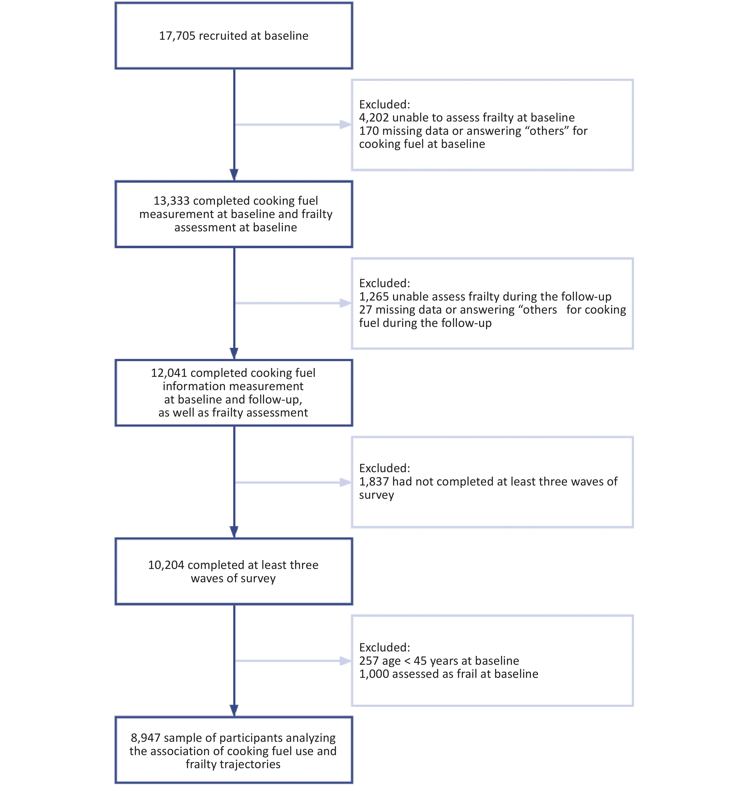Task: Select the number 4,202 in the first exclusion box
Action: (x=374, y=118)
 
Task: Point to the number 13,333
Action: (x=172, y=201)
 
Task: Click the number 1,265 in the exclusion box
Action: (x=374, y=297)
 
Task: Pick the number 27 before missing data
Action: (x=365, y=310)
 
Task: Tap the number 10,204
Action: (x=166, y=565)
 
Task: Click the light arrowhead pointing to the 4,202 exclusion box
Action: (x=345, y=125)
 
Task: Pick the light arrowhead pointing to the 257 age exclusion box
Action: (x=345, y=661)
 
